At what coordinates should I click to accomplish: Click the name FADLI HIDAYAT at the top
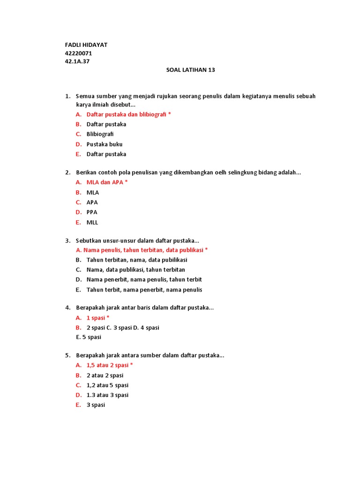pyautogui.click(x=86, y=45)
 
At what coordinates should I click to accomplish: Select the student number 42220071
pyautogui.click(x=78, y=53)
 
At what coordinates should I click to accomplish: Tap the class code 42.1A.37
pyautogui.click(x=77, y=61)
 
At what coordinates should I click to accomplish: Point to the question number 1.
pyautogui.click(x=67, y=96)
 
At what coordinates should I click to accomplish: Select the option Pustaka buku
pyautogui.click(x=105, y=144)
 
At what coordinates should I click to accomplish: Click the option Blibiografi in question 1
pyautogui.click(x=100, y=134)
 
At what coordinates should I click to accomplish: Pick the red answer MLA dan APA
pyautogui.click(x=107, y=182)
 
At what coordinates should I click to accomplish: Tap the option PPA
pyautogui.click(x=92, y=212)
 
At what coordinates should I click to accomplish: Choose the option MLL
pyautogui.click(x=92, y=223)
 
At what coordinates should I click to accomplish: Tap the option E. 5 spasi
pyautogui.click(x=89, y=337)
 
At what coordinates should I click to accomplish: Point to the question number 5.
pyautogui.click(x=67, y=355)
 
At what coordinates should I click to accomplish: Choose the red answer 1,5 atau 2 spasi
pyautogui.click(x=110, y=365)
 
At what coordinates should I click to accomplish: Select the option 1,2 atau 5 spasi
pyautogui.click(x=107, y=385)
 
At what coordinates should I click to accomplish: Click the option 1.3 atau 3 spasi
pyautogui.click(x=107, y=395)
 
